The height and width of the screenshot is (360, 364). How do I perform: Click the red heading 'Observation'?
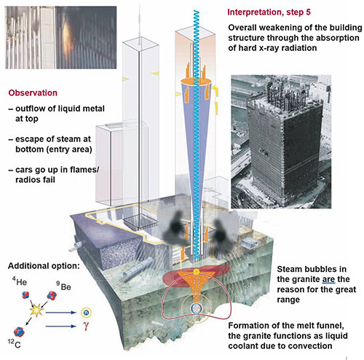(x=33, y=93)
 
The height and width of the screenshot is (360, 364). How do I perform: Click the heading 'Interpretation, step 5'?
(x=269, y=12)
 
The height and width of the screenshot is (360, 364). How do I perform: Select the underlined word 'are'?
(x=328, y=279)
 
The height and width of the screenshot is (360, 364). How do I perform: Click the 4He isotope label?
(x=20, y=282)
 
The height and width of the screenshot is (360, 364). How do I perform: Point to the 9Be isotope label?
(x=63, y=286)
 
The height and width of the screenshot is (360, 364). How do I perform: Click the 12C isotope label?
(x=15, y=344)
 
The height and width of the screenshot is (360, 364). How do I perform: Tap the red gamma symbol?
(x=85, y=326)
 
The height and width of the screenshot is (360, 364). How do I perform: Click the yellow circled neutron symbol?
(x=86, y=313)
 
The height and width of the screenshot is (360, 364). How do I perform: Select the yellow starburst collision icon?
(x=36, y=310)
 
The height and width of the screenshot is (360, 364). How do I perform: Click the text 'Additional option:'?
(x=44, y=266)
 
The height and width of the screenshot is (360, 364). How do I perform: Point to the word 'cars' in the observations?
(x=24, y=170)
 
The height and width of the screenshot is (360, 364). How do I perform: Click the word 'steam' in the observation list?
(x=68, y=139)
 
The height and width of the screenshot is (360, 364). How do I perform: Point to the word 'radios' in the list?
(x=28, y=180)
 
